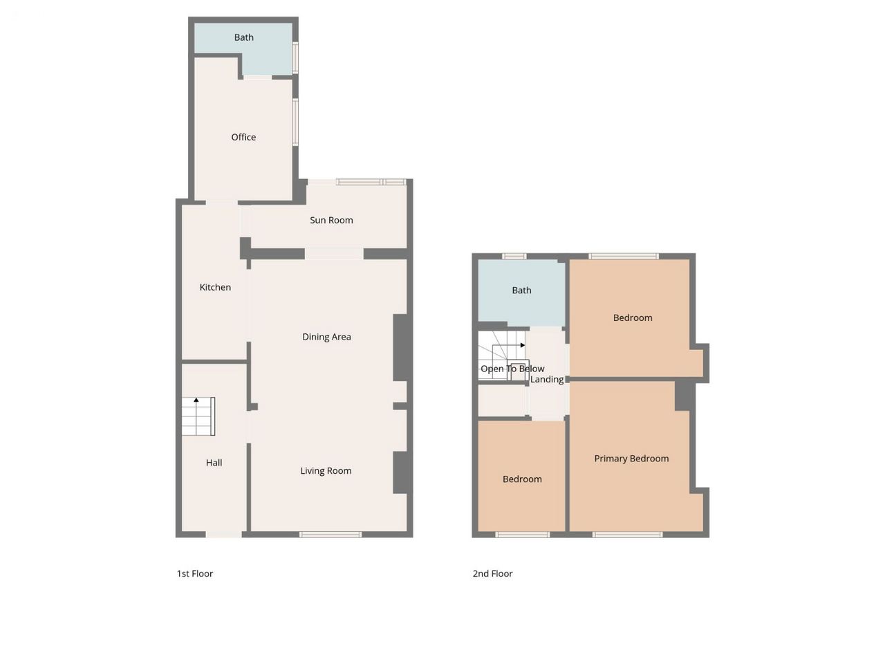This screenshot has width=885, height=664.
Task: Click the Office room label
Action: tap(243, 137)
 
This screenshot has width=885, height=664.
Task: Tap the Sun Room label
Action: tap(331, 220)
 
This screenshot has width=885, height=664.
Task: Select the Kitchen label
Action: tap(215, 287)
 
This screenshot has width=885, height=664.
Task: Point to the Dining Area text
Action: tap(326, 337)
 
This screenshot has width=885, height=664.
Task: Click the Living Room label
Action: tap(326, 471)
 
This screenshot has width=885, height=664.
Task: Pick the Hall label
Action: tap(214, 463)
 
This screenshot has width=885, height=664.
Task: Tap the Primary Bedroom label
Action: tap(631, 459)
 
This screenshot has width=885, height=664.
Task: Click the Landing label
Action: tap(547, 379)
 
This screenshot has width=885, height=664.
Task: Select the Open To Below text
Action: tap(512, 369)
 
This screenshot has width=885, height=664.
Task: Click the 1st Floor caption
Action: tap(195, 573)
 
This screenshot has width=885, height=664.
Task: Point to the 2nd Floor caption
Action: tap(492, 573)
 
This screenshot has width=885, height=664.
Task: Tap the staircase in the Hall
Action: tap(198, 416)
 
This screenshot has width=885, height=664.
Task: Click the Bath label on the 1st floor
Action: tap(244, 37)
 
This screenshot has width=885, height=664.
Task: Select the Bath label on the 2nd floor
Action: tap(521, 290)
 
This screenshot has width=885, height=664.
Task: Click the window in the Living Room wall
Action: tap(330, 535)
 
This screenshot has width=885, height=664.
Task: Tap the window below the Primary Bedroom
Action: tap(627, 535)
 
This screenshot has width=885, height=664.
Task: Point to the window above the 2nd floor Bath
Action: tap(514, 256)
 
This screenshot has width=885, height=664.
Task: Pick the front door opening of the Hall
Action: tap(224, 535)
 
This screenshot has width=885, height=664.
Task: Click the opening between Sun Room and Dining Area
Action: tap(334, 254)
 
